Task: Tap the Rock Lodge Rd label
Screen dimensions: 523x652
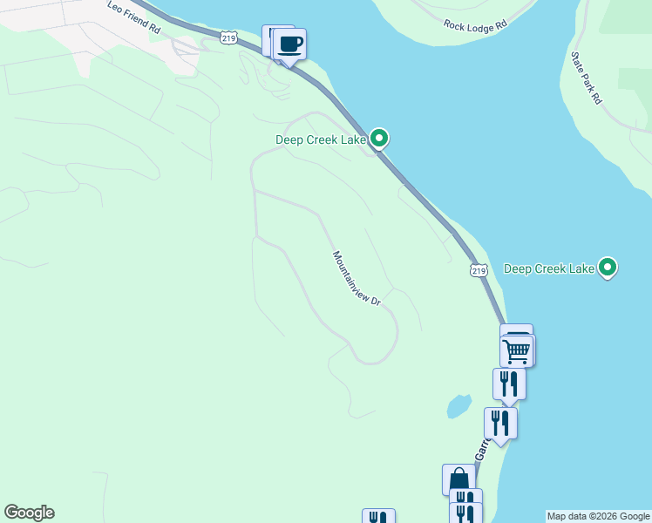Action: (474, 26)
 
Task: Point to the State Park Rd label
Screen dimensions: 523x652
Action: (586, 77)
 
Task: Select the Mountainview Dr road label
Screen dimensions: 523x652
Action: (357, 278)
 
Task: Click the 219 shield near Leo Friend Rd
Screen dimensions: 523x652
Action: (229, 37)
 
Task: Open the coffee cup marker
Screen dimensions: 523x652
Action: (290, 44)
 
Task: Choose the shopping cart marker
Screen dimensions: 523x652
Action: (517, 351)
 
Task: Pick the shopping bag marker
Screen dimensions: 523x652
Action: (459, 480)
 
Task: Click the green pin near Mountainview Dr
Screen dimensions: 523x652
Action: (379, 138)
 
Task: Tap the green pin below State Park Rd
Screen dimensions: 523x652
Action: (608, 267)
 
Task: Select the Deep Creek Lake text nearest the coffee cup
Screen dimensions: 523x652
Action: (321, 139)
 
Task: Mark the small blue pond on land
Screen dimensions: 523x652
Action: (458, 406)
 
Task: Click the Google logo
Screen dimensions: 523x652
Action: (29, 513)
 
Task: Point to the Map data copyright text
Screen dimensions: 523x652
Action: (599, 517)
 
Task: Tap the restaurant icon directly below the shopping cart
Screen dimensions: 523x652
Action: (508, 384)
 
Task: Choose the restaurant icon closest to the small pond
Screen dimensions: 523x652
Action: (500, 423)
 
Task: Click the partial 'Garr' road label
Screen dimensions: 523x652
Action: (481, 449)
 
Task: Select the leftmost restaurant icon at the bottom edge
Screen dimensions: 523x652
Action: (378, 517)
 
